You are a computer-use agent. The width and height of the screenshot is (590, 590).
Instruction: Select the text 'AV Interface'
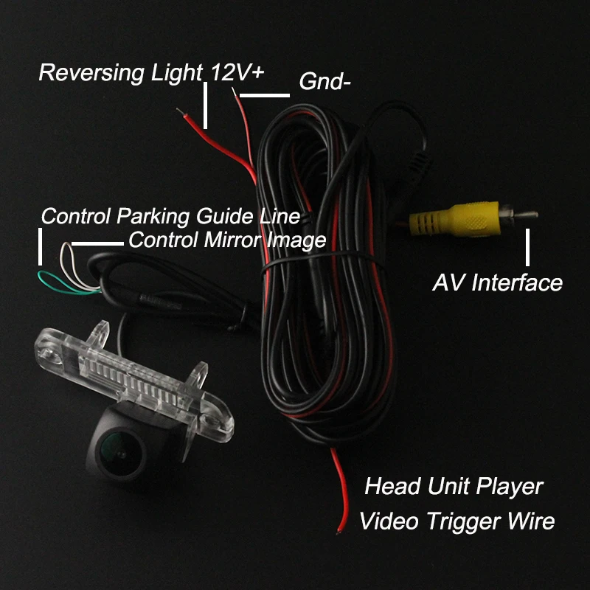pos(497,282)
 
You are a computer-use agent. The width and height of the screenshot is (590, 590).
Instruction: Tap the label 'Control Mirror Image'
pos(227,240)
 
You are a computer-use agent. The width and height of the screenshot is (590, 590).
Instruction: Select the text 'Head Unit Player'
pos(454,487)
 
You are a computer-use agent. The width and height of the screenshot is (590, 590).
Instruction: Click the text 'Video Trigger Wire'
pos(457,521)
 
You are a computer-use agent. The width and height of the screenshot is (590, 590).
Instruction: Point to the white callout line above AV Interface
pos(528,247)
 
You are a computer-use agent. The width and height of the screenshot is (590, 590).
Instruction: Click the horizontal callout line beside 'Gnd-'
pos(264,95)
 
